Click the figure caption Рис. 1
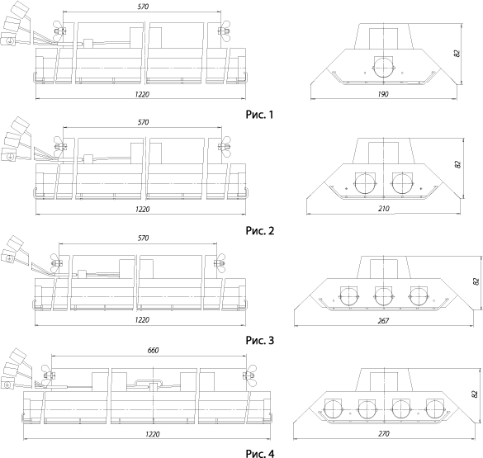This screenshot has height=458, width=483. [x=259, y=115]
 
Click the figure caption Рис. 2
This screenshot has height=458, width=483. [x=260, y=230]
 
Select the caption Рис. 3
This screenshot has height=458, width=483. [x=260, y=340]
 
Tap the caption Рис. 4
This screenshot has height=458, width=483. [x=260, y=453]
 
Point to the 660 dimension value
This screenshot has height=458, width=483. [x=153, y=350]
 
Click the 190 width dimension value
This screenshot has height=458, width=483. [x=383, y=94]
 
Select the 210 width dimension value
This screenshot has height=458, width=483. [x=383, y=209]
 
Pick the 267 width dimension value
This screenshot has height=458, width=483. [x=383, y=321]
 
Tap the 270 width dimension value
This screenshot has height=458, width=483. [x=383, y=434]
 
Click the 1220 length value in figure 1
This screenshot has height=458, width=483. [x=142, y=94]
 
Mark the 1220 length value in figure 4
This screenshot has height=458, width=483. [x=152, y=434]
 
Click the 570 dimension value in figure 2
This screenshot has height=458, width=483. [x=143, y=122]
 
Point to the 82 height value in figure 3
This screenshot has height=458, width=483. [x=476, y=281]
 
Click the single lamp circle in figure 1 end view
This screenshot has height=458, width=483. [x=383, y=67]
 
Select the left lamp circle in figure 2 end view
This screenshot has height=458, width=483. [x=364, y=183]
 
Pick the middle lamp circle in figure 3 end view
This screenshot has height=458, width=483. [x=383, y=296]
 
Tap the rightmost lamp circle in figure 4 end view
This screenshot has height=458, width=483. [x=434, y=409]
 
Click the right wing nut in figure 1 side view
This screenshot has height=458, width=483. [x=224, y=31]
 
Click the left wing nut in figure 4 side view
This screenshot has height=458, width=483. [x=47, y=375]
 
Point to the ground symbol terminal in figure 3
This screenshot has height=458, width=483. [x=9, y=258]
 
